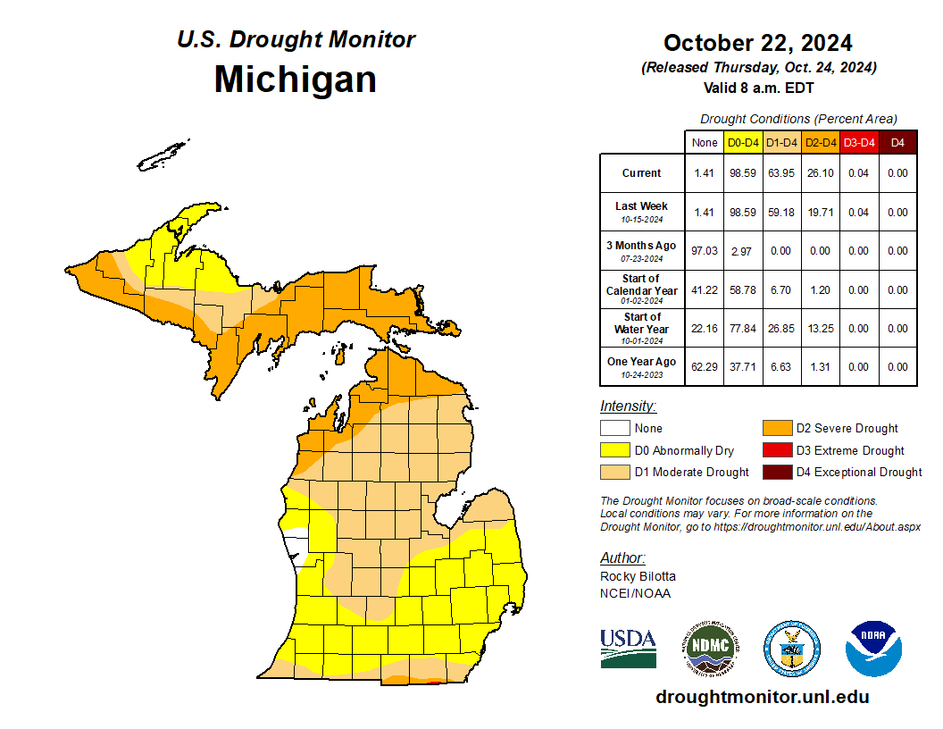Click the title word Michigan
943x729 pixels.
point(295,80)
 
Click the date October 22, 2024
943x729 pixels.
point(757,43)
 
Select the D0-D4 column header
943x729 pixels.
point(743,142)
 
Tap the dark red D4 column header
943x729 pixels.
point(897,142)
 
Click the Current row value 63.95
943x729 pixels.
point(781,173)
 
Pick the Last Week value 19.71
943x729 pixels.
point(820,213)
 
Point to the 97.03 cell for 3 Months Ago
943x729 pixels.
point(705,251)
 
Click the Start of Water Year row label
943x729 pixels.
point(641,328)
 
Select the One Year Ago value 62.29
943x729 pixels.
point(705,366)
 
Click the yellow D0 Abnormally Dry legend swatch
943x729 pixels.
point(613,450)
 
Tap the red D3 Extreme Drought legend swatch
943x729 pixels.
point(776,450)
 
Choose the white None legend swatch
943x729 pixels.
point(613,429)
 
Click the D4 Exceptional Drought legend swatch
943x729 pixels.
point(776,472)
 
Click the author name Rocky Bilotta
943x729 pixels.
point(638,576)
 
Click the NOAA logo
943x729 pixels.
point(874,649)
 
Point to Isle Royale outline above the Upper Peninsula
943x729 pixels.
point(163,155)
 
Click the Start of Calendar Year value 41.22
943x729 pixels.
point(705,289)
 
